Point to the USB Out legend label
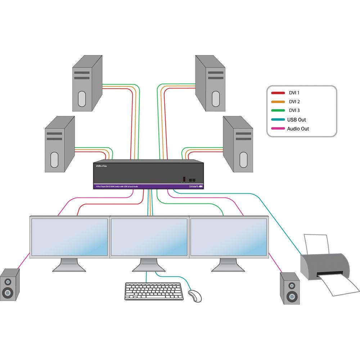pyautogui.click(x=296, y=120)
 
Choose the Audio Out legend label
pyautogui.click(x=298, y=129)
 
